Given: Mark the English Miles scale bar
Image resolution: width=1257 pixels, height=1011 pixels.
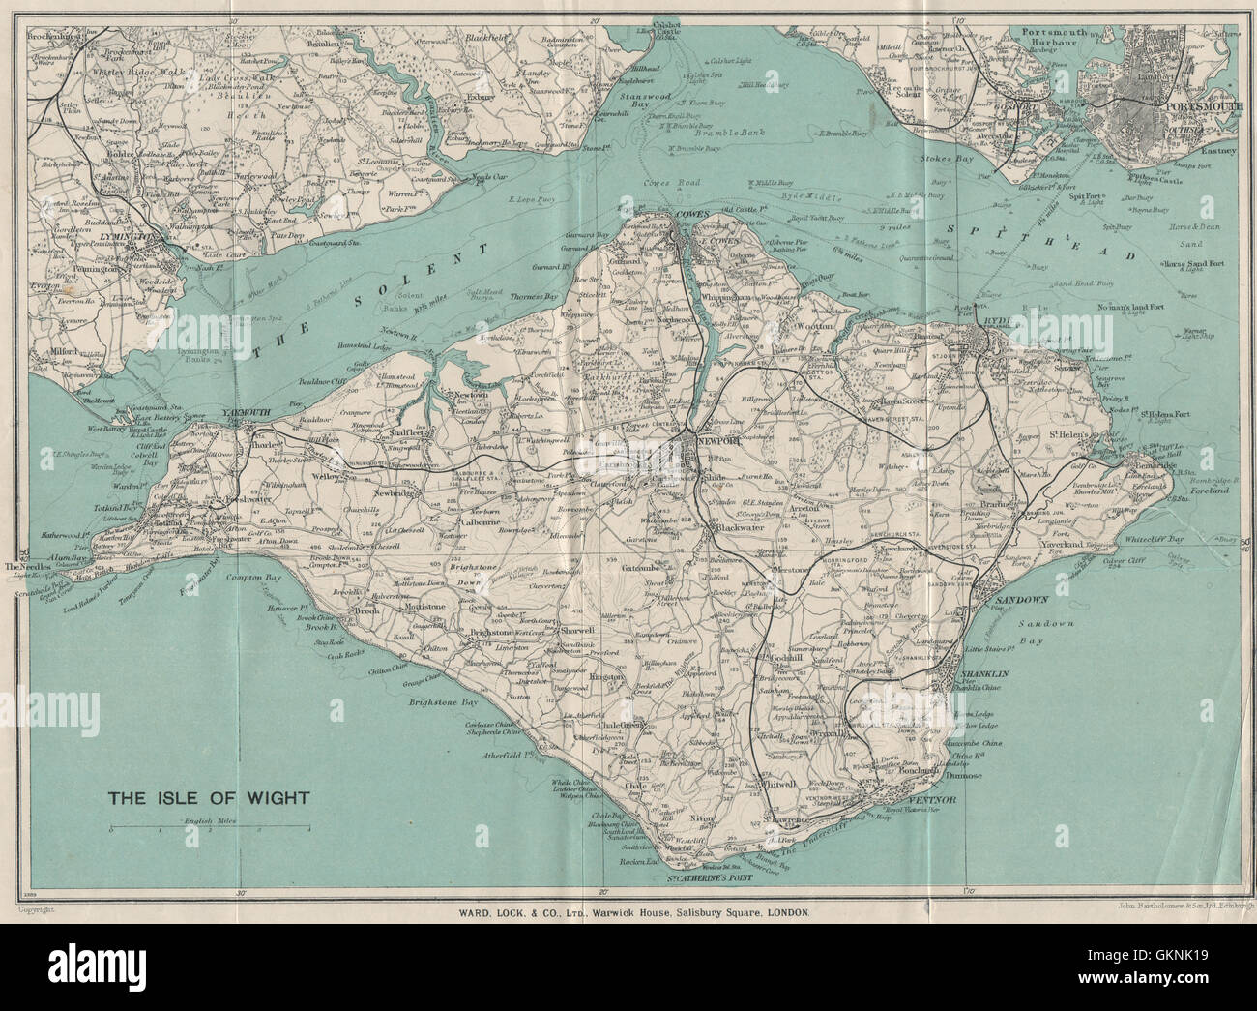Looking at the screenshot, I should [210, 829].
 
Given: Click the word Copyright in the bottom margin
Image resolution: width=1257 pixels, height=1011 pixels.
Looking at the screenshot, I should [36, 910].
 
